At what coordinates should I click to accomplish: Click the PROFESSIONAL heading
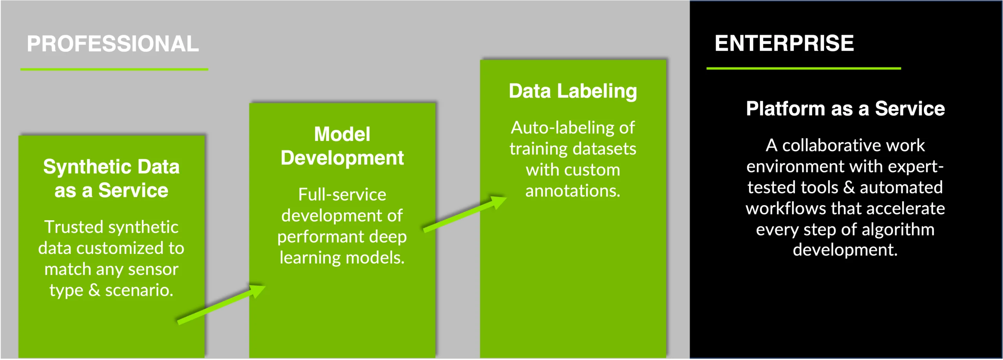point(113,43)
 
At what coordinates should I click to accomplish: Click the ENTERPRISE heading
point(784,43)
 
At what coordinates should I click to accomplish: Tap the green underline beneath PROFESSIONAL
point(114,69)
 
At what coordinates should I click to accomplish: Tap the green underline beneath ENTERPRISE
point(803,68)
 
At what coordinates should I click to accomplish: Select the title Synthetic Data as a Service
point(111,179)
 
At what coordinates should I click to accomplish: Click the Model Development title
point(342,146)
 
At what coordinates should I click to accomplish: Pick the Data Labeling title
point(573,91)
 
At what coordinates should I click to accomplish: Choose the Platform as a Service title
point(845,109)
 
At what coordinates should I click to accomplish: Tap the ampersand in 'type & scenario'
point(94,290)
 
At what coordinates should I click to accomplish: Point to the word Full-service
point(342,194)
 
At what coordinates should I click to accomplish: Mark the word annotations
point(572,191)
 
